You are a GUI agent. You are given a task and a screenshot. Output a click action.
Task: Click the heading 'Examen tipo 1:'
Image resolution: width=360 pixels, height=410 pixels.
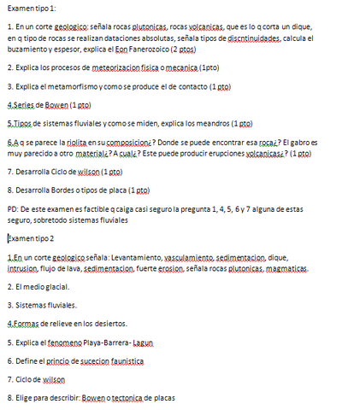(x=31, y=8)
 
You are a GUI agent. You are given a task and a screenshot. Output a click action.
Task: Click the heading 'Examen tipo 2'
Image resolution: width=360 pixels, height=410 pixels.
(x=30, y=237)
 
